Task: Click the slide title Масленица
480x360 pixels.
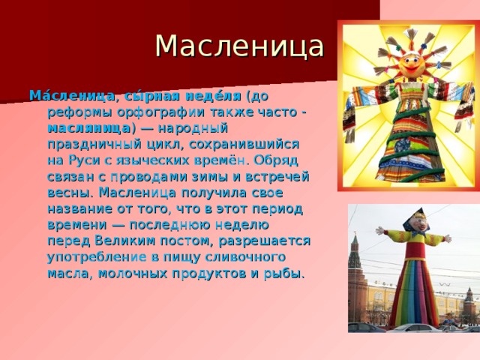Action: pyautogui.click(x=240, y=46)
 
